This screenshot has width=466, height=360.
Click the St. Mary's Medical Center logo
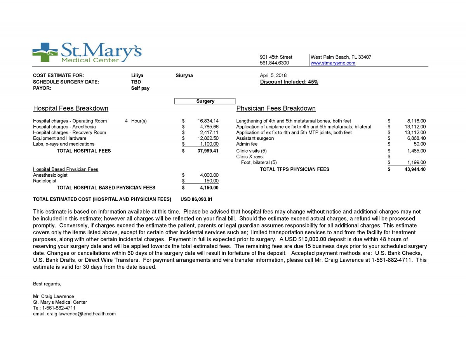coord(87,53)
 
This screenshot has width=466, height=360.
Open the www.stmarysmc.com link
coord(333,63)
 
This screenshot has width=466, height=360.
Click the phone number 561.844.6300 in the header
coord(274,63)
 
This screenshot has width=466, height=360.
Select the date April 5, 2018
coord(273,75)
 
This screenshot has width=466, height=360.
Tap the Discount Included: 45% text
coord(289,82)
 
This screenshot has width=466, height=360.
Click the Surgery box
coord(205,101)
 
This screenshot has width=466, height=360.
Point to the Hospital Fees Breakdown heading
coord(71,108)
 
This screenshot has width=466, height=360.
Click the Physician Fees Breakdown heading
coord(276,108)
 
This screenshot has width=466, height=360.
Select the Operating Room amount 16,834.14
coord(208,121)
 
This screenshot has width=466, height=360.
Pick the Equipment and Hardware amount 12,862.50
coord(208,138)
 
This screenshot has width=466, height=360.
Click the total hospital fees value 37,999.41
coord(208,151)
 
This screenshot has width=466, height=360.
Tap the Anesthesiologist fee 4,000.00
coord(209,175)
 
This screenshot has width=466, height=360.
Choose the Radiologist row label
coord(45,181)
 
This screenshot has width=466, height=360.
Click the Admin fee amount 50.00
coord(419,144)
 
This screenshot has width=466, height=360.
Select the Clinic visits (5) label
coord(251,151)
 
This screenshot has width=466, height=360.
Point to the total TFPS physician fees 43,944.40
coord(414,169)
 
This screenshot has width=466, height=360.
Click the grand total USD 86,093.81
coord(196,199)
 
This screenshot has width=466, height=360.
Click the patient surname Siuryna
coord(184,75)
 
